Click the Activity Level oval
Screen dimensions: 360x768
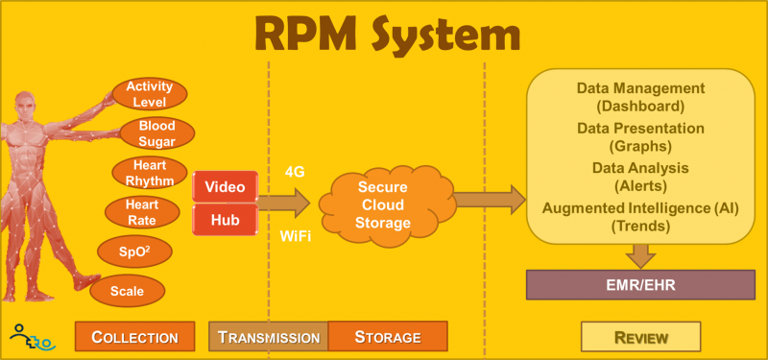point(149,94)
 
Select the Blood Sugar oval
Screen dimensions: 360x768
point(156,132)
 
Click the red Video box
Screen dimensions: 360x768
point(226,186)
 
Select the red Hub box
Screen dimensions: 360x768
point(226,220)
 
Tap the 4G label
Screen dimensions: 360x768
point(296,172)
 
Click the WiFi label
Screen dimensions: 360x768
point(296,235)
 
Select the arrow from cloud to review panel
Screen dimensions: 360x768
point(488,200)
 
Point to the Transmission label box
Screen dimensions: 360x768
point(268,337)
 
